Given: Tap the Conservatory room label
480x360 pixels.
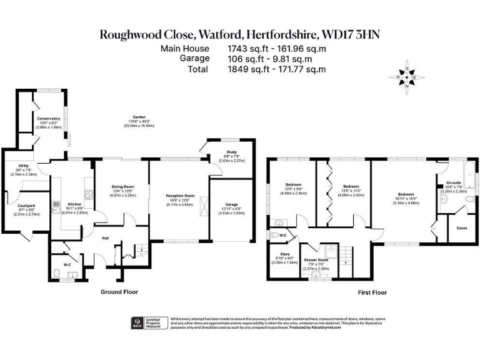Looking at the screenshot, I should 48,118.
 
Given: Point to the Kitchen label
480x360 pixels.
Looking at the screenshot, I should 74,204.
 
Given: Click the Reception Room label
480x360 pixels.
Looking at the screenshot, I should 180,196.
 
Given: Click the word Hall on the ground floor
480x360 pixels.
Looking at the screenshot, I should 106,237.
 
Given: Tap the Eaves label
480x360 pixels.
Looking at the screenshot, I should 462,228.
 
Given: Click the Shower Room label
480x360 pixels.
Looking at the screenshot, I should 316,259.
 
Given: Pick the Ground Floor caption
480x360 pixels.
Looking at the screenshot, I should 119,292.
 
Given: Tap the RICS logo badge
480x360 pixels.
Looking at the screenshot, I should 137,323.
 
